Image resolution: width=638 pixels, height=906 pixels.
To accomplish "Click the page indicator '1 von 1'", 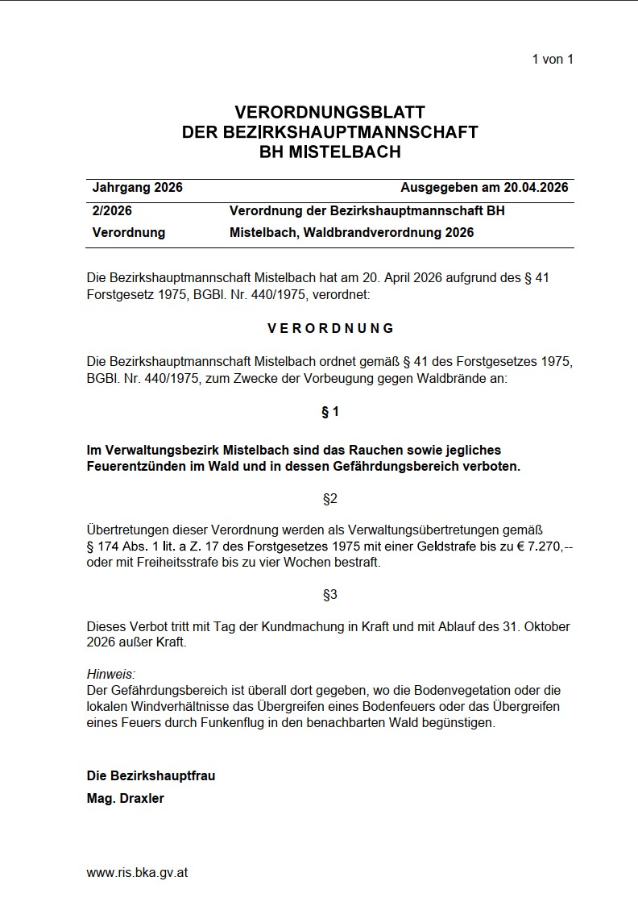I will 553,59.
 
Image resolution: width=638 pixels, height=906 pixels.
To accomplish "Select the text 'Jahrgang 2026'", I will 138,188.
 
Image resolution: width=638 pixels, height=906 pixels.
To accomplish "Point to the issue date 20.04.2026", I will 536,188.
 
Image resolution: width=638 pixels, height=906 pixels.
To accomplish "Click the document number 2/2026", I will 113,211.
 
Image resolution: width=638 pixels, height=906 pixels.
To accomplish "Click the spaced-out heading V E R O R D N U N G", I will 330,328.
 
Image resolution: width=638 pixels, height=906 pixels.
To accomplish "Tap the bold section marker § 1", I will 330,413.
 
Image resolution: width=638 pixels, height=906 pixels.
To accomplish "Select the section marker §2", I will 330,499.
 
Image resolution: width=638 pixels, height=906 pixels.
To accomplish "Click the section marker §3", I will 330,595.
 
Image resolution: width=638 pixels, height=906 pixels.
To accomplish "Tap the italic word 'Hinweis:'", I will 111,674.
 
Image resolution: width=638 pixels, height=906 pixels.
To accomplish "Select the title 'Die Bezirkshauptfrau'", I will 151,776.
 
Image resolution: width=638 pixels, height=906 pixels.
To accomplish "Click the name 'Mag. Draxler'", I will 125,799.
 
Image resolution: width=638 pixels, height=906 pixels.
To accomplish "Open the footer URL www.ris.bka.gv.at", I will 137,872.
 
